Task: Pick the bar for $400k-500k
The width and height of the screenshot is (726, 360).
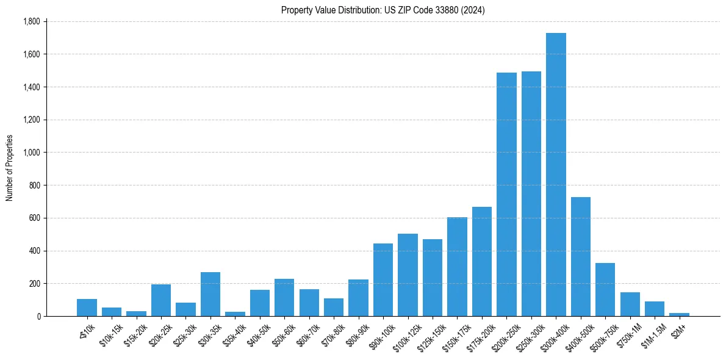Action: click(x=580, y=256)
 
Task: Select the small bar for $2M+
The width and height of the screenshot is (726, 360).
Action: click(x=679, y=314)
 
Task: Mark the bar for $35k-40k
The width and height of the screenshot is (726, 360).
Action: click(x=235, y=314)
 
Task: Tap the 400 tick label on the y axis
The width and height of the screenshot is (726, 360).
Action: click(x=34, y=251)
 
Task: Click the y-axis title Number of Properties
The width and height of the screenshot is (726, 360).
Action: click(x=9, y=168)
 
